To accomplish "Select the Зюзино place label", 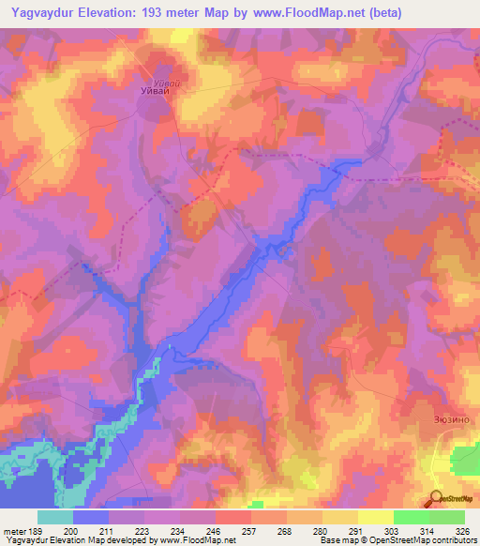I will [x=455, y=421].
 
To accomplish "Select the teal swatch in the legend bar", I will [x=55, y=517].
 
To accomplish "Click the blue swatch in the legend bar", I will [x=91, y=517].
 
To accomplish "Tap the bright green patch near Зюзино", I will [x=466, y=460].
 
